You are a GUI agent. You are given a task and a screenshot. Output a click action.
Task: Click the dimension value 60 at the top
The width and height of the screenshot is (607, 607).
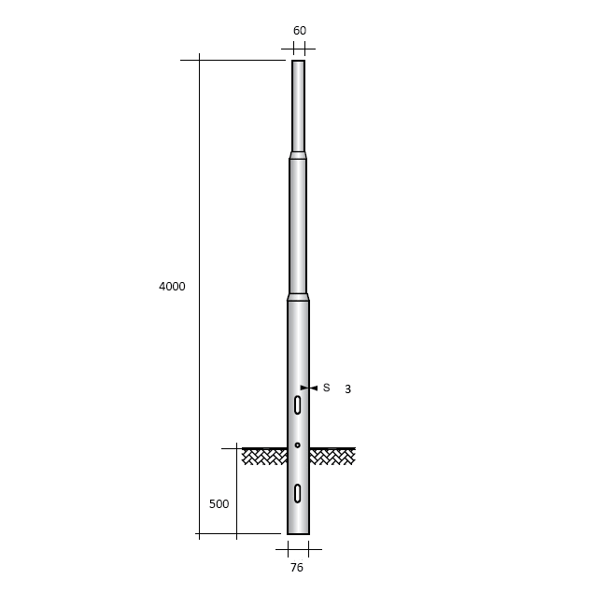[x=300, y=30]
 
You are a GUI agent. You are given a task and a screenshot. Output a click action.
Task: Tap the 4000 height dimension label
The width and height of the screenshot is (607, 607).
[x=172, y=287]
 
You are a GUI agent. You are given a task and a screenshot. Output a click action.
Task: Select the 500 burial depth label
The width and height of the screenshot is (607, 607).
[x=219, y=504]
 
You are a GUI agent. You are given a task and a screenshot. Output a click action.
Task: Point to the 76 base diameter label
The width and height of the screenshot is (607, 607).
[x=297, y=568]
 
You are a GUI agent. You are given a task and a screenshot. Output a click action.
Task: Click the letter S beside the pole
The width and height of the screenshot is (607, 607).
[x=326, y=388]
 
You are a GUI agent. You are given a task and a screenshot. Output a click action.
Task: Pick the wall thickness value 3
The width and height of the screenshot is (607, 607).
[x=347, y=389]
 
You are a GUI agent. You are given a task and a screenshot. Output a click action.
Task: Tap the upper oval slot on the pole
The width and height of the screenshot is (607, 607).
[x=297, y=405]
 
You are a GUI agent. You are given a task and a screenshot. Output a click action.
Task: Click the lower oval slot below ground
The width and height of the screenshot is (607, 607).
[x=297, y=493]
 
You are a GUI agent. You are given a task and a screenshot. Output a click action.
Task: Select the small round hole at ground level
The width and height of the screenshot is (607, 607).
[x=297, y=445]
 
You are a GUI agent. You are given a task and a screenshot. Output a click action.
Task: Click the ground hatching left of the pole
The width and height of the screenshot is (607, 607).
[x=264, y=457]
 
